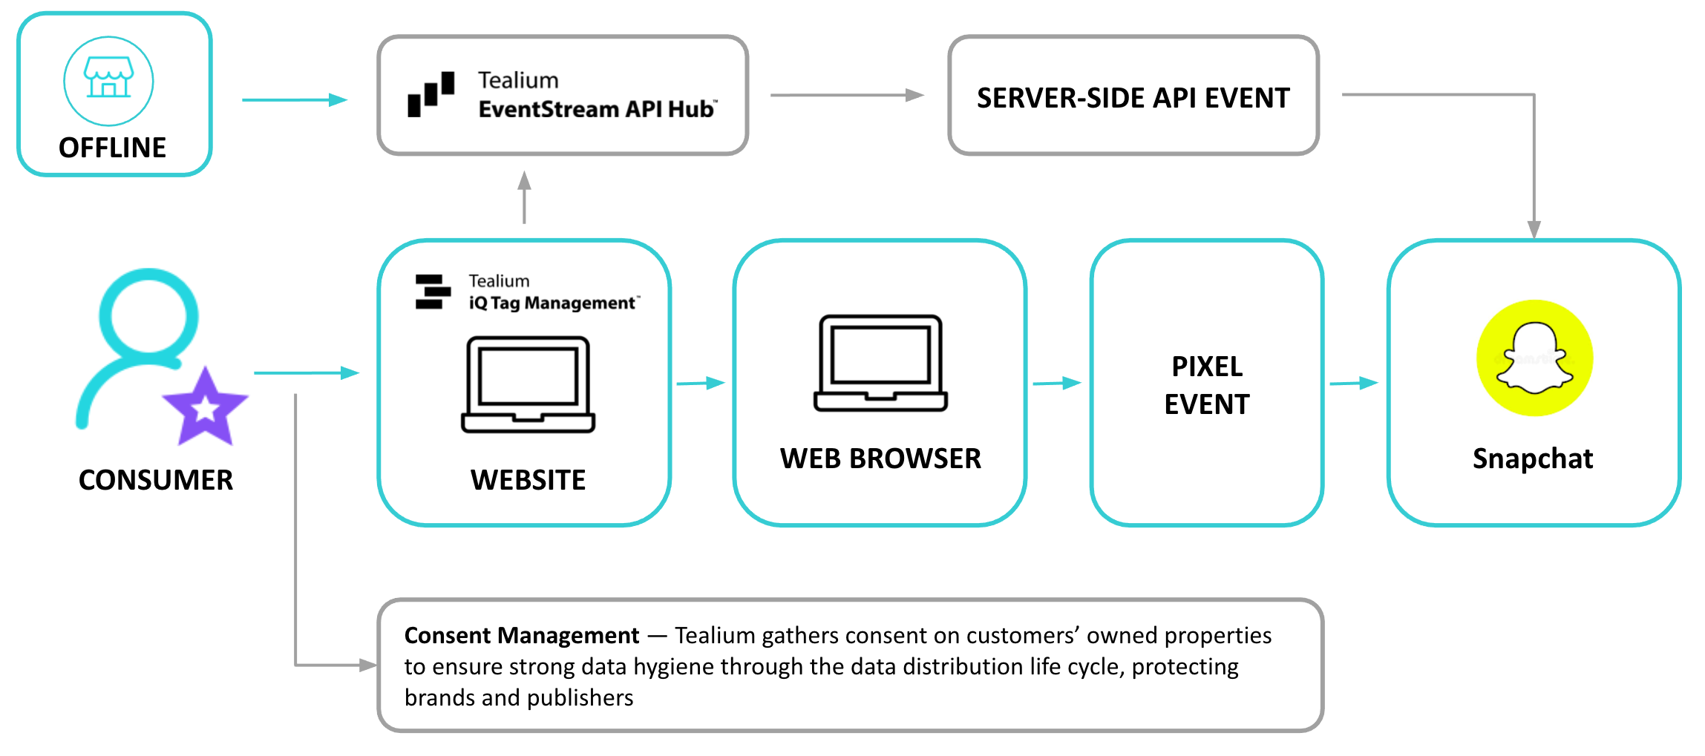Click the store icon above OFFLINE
tap(108, 79)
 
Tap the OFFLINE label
tap(112, 148)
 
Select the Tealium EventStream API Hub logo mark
tap(431, 94)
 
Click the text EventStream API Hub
tap(596, 109)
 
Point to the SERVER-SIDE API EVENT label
tap(1133, 98)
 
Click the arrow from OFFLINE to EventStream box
tap(294, 99)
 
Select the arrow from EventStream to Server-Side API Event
tap(846, 95)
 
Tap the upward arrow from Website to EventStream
tap(524, 197)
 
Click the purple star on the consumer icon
tap(205, 407)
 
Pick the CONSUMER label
tap(156, 480)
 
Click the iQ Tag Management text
tap(552, 303)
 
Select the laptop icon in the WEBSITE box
tap(528, 384)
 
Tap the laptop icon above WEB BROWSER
tap(880, 363)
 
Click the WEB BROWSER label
tap(880, 458)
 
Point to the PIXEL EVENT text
tap(1206, 385)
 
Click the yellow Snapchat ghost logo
tap(1534, 358)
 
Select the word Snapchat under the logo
tap(1532, 458)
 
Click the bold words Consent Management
tap(521, 636)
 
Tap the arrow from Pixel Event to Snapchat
tap(1353, 383)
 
